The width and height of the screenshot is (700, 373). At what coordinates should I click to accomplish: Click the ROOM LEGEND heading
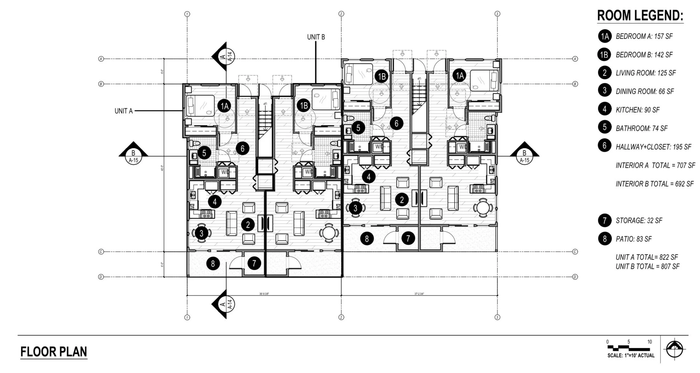coord(640,16)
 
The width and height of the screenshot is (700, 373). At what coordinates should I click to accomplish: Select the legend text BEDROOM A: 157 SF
coord(644,36)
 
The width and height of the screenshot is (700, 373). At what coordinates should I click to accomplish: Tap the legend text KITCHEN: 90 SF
coord(638,110)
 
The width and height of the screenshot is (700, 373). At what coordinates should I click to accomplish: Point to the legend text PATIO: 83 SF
coord(634,239)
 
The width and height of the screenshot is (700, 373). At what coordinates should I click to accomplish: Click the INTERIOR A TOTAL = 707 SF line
coord(655,165)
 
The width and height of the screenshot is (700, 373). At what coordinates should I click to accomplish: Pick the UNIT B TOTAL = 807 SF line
coord(647,267)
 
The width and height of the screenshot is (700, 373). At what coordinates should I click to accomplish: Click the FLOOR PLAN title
coord(54,352)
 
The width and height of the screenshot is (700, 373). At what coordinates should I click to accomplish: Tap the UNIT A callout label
coord(123,111)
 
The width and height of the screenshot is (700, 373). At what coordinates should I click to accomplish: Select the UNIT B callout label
coord(316,37)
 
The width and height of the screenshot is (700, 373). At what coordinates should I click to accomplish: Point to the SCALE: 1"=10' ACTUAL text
coord(631,355)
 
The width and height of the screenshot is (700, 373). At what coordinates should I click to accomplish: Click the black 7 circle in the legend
coord(604,220)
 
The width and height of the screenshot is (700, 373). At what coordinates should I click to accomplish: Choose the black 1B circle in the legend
coord(604,55)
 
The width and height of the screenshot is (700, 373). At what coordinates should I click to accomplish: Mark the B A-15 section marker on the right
coord(524,155)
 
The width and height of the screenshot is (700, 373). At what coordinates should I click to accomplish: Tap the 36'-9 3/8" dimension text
coord(264,294)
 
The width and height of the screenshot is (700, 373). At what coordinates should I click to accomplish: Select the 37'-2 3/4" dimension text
coord(419,294)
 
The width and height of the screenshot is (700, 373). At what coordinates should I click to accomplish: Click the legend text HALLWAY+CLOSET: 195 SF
coord(653,147)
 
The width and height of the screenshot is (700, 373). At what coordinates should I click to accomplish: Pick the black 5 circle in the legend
coord(604,128)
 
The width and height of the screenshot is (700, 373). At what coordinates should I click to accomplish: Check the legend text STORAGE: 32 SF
coord(639,221)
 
